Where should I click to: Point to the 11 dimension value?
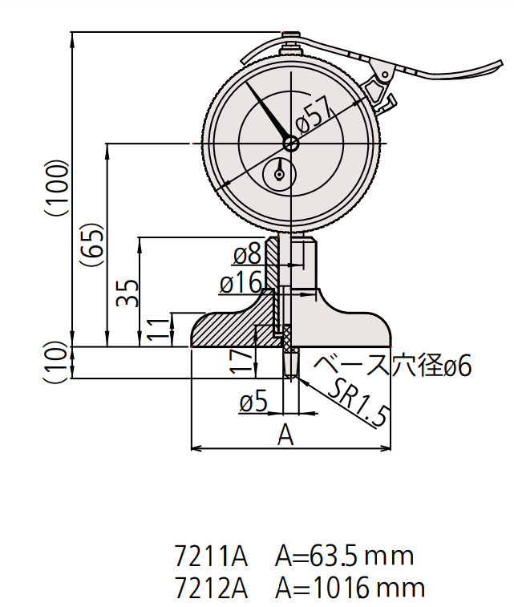(160, 329)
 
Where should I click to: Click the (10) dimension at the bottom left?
(56, 362)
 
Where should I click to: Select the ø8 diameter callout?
(245, 255)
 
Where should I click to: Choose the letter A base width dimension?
(286, 435)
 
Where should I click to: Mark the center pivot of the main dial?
(290, 144)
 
